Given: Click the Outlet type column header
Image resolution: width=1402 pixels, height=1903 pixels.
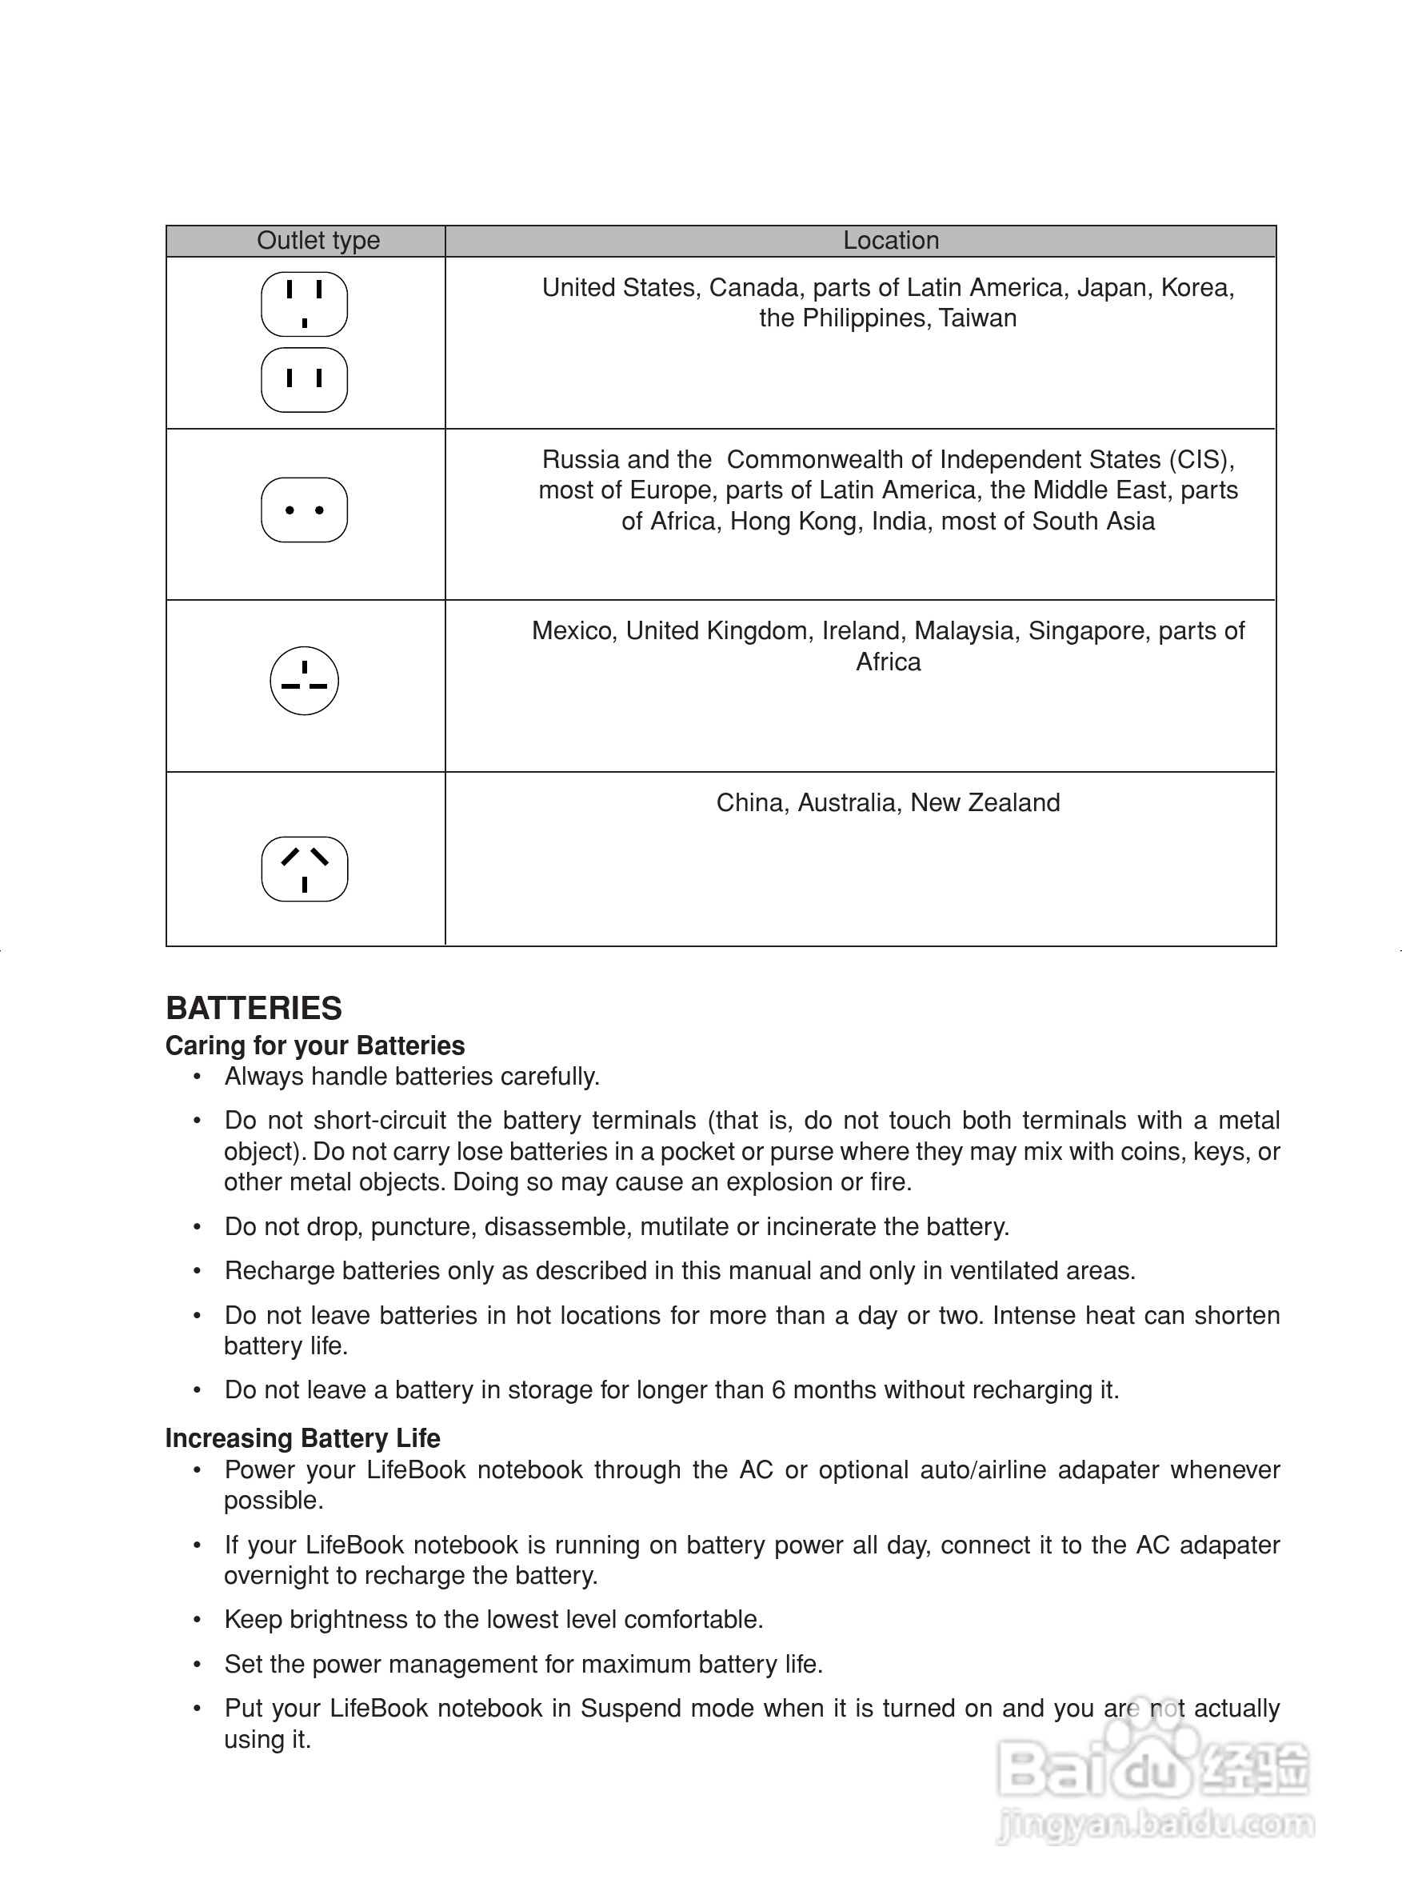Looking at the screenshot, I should pyautogui.click(x=318, y=241).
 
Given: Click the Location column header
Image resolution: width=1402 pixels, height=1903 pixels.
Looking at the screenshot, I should pyautogui.click(x=890, y=241).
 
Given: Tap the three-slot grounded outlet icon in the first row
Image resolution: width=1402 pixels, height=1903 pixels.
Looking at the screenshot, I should pyautogui.click(x=304, y=305).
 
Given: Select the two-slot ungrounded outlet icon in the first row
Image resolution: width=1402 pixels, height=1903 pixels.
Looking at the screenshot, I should pyautogui.click(x=304, y=379).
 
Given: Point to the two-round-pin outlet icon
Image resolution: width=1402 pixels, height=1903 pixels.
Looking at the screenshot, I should pyautogui.click(x=304, y=510).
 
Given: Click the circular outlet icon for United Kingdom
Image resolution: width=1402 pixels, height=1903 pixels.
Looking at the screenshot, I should pyautogui.click(x=304, y=682).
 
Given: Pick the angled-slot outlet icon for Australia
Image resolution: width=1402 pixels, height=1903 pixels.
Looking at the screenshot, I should pyautogui.click(x=304, y=870).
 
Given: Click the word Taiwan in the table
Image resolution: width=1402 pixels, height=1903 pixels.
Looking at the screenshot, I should pyautogui.click(x=977, y=318).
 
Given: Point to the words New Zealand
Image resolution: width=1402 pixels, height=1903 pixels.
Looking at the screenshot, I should pyautogui.click(x=985, y=803).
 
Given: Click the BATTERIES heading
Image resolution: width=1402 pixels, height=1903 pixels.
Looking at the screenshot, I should pyautogui.click(x=254, y=1009).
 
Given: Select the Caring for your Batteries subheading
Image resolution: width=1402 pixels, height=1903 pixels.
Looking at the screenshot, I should pyautogui.click(x=315, y=1045).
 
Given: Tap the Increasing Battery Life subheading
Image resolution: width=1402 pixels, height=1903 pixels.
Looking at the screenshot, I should pyautogui.click(x=303, y=1439).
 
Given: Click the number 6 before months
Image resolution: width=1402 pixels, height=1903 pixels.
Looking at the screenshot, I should pyautogui.click(x=778, y=1390).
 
